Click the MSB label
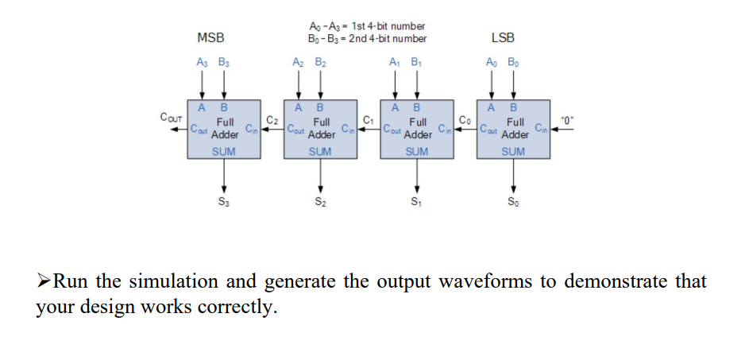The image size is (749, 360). (210, 37)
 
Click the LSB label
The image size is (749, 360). (503, 37)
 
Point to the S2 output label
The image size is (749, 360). (319, 201)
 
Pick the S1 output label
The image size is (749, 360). (415, 201)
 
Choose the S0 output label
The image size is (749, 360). (513, 201)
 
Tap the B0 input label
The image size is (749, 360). (514, 61)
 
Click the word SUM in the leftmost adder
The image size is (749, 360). (223, 150)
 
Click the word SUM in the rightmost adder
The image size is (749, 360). (513, 150)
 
